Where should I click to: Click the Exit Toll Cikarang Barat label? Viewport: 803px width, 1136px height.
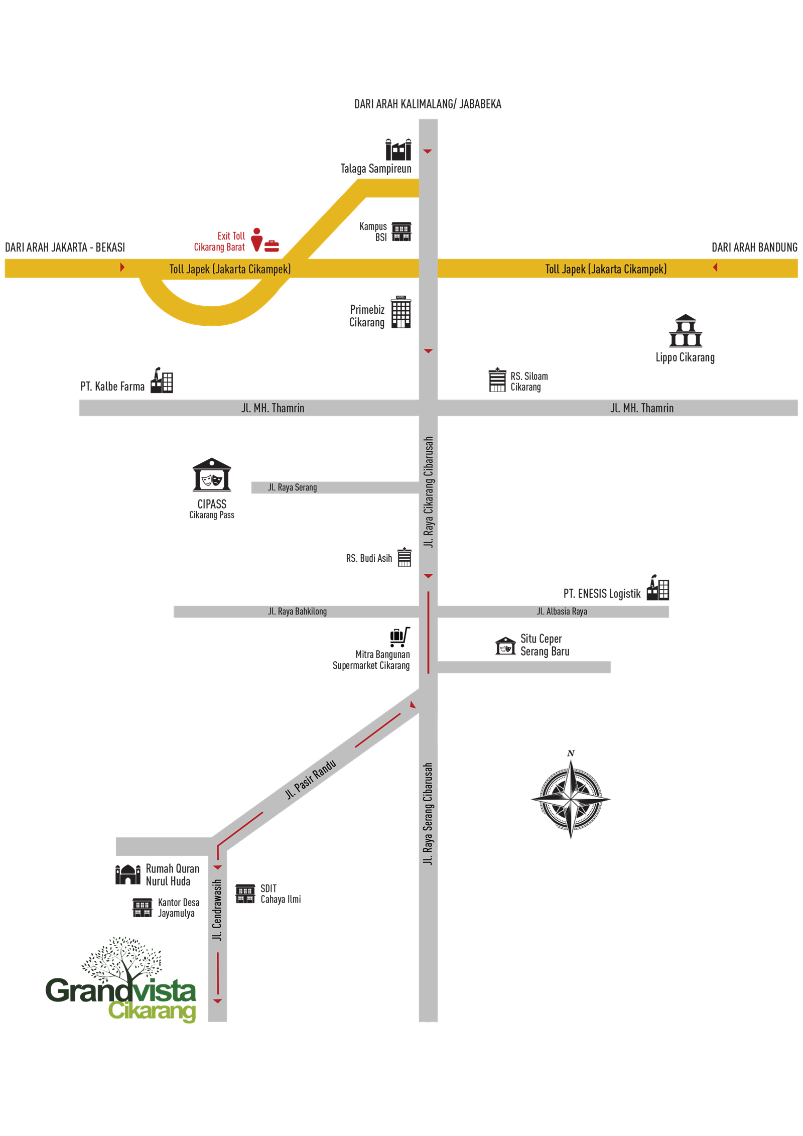coord(220,241)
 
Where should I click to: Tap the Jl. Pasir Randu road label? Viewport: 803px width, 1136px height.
coord(311,779)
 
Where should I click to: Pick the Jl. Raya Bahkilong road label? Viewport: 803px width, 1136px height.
coord(297,611)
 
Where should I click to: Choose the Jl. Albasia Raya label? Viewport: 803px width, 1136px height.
coord(562,611)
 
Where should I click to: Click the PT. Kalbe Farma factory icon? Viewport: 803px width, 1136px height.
coord(162,381)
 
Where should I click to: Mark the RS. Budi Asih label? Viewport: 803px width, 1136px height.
coord(369,558)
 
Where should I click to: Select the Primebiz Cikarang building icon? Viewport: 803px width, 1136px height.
coord(401,312)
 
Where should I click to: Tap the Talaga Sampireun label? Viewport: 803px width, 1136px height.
coord(376,169)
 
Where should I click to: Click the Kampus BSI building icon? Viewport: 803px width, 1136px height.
coord(401,231)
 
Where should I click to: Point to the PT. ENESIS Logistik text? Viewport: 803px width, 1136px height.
coord(602,594)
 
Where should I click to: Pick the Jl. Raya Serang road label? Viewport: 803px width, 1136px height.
coord(293,487)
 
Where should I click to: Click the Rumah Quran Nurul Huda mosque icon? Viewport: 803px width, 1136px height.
coord(128,874)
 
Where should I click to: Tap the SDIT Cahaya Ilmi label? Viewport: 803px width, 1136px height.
coord(280,894)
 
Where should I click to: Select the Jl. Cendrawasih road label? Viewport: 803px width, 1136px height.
coord(217,910)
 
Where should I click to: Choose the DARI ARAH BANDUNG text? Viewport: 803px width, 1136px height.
coord(754,247)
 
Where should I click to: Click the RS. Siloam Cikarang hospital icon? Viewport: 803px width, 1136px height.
coord(497,380)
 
